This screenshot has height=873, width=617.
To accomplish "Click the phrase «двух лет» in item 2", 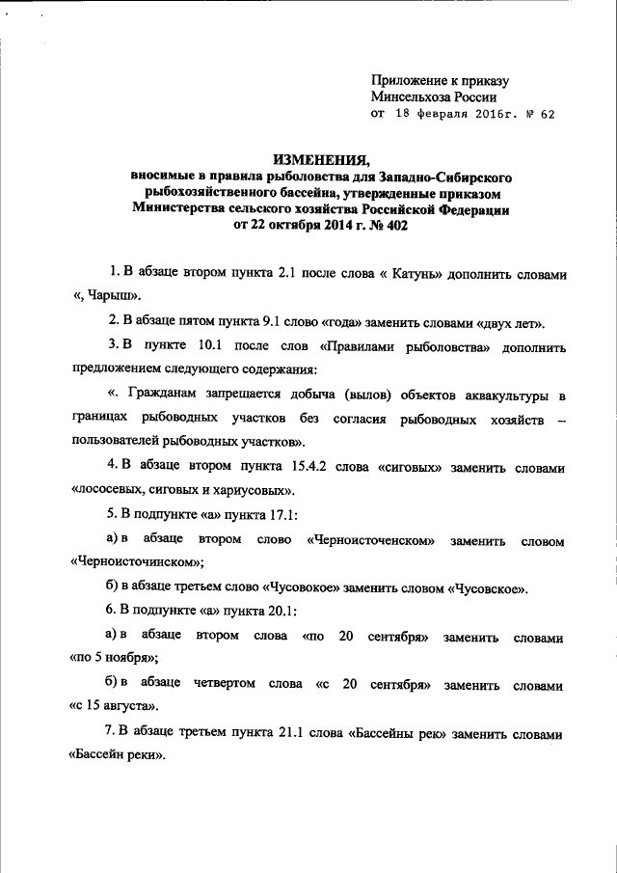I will (x=513, y=319).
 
